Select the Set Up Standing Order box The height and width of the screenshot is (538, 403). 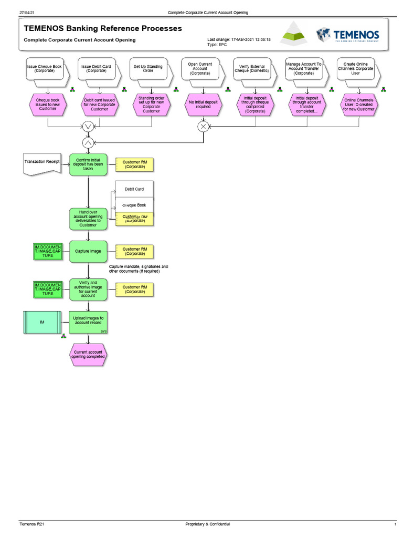coord(148,69)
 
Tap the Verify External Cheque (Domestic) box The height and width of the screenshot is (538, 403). coord(252,69)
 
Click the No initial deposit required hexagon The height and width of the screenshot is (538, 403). coord(203,104)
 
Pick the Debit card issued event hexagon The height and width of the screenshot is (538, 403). coord(100,105)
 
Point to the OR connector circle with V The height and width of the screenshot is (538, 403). coord(88,127)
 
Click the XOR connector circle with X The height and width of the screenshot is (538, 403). coord(203,127)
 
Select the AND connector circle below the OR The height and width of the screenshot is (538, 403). coord(88,142)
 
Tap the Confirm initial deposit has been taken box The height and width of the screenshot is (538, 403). coord(88,164)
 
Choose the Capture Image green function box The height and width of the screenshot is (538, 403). coord(88,251)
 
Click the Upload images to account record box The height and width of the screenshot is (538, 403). coord(88,322)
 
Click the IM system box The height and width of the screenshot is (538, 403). coord(42,322)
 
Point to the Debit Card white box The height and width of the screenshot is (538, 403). coord(134,189)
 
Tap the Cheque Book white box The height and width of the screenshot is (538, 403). coord(134,205)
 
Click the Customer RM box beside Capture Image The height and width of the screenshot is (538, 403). coord(135,251)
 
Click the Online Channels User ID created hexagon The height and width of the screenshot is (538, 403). coord(359,104)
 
